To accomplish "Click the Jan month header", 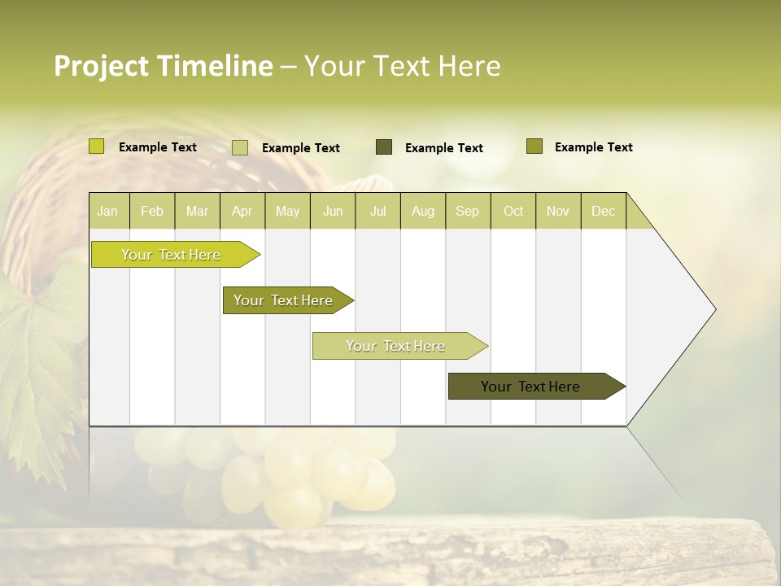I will click(107, 211).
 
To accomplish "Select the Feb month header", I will click(152, 211).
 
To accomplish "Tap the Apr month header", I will click(242, 211).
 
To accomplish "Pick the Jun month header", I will click(333, 211).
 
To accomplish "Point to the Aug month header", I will click(423, 211).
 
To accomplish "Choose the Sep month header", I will click(467, 211).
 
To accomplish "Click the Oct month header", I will click(513, 211).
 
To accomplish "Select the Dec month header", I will click(603, 211).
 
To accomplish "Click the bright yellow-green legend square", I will click(97, 146).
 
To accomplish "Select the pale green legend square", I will click(240, 147).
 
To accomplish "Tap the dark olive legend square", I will click(384, 146).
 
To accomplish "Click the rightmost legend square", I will click(534, 146).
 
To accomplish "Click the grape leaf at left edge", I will click(37, 366).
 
